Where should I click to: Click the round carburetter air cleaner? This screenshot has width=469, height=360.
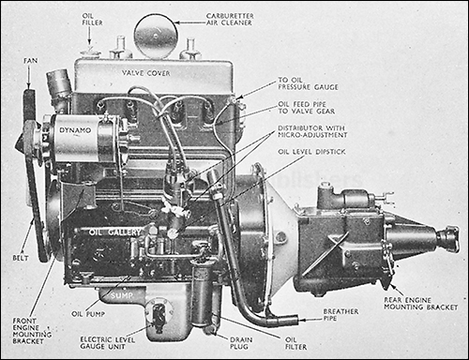(x=156, y=36)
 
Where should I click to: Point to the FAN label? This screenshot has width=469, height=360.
(x=31, y=61)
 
